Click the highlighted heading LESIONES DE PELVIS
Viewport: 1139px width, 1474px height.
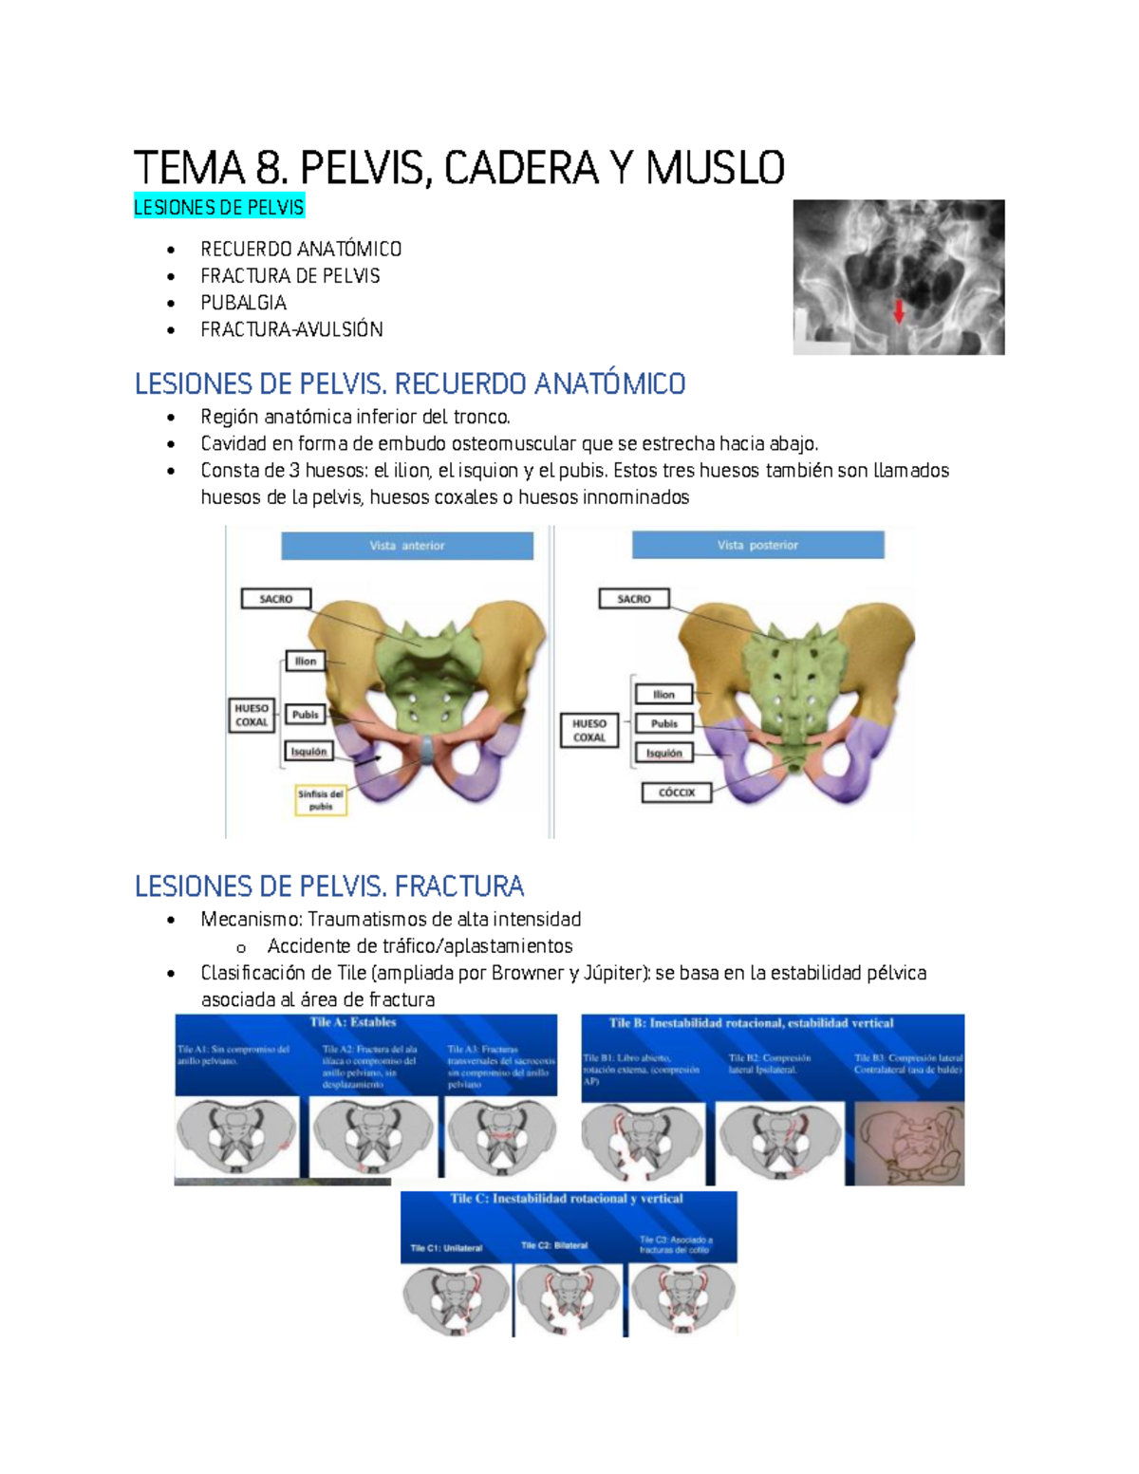(x=219, y=207)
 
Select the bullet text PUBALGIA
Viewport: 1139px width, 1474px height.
(x=243, y=303)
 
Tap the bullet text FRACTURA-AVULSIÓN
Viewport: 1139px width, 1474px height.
(x=291, y=329)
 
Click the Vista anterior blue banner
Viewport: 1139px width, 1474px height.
(x=406, y=546)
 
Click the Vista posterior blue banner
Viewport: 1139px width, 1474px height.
(x=757, y=545)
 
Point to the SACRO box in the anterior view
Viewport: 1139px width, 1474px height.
(x=275, y=599)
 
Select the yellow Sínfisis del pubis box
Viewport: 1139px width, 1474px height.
(x=321, y=800)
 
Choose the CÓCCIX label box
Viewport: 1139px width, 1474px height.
(x=676, y=793)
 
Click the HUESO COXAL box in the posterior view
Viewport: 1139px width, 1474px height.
(x=588, y=730)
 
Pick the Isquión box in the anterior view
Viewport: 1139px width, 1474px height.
(x=308, y=752)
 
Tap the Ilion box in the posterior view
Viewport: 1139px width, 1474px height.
(x=663, y=695)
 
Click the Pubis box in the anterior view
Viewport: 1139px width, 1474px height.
(x=306, y=715)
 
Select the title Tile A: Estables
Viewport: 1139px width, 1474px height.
(x=352, y=1022)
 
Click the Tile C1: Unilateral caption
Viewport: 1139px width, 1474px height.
(x=446, y=1248)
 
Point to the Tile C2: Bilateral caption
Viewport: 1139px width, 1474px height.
(x=554, y=1245)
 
